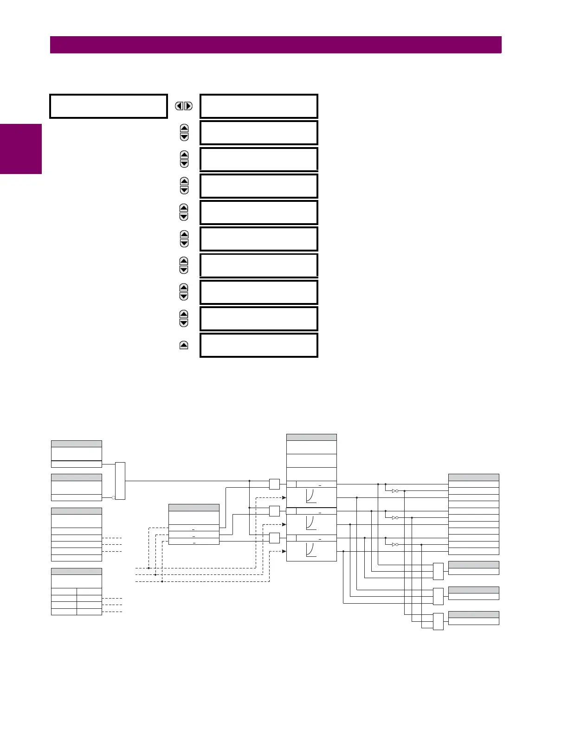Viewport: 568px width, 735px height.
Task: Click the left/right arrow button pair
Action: click(x=184, y=106)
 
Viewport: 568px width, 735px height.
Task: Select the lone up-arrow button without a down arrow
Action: click(x=184, y=345)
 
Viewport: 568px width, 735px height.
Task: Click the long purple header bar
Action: click(x=276, y=45)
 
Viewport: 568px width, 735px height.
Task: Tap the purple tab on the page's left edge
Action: click(x=21, y=149)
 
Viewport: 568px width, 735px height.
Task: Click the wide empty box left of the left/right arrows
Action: click(x=108, y=106)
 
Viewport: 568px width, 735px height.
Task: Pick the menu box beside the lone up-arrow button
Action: click(x=259, y=345)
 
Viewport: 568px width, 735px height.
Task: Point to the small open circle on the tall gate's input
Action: click(x=113, y=497)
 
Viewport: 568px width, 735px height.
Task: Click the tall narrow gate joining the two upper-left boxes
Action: click(x=120, y=481)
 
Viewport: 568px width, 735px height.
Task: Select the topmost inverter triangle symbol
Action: click(x=394, y=491)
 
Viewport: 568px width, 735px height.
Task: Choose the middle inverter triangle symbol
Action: click(x=394, y=518)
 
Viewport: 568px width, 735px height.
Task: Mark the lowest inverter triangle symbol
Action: click(x=394, y=545)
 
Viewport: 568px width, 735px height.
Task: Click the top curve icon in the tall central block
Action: click(x=311, y=497)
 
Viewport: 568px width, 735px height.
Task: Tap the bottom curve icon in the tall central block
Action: click(x=311, y=551)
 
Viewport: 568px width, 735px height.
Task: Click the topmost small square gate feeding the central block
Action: click(x=274, y=484)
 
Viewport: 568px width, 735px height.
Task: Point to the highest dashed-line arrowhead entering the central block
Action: click(x=284, y=497)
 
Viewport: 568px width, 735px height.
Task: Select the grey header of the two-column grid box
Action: click(x=76, y=572)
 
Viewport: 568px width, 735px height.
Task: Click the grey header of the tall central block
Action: click(x=311, y=437)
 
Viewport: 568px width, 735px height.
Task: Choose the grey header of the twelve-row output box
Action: click(x=473, y=477)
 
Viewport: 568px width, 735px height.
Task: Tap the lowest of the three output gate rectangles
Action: click(x=438, y=621)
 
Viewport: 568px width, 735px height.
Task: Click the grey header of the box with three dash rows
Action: click(x=194, y=508)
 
